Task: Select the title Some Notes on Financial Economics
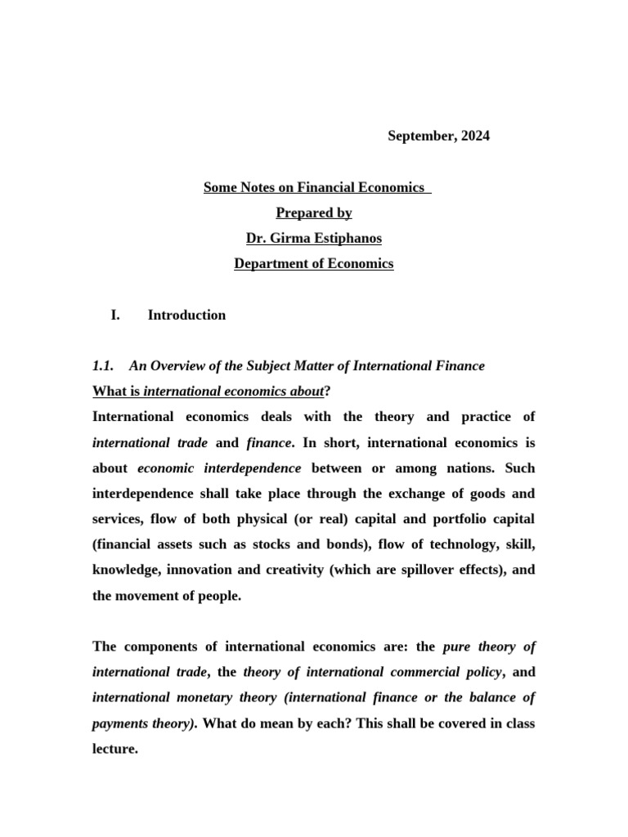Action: click(x=314, y=188)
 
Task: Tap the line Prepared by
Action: click(x=314, y=213)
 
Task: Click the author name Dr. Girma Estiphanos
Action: click(x=314, y=239)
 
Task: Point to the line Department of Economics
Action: click(x=314, y=264)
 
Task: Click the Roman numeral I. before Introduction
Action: click(x=115, y=316)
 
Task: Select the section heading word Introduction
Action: click(x=186, y=316)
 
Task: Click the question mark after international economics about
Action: click(x=327, y=392)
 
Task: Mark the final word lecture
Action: click(x=114, y=749)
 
